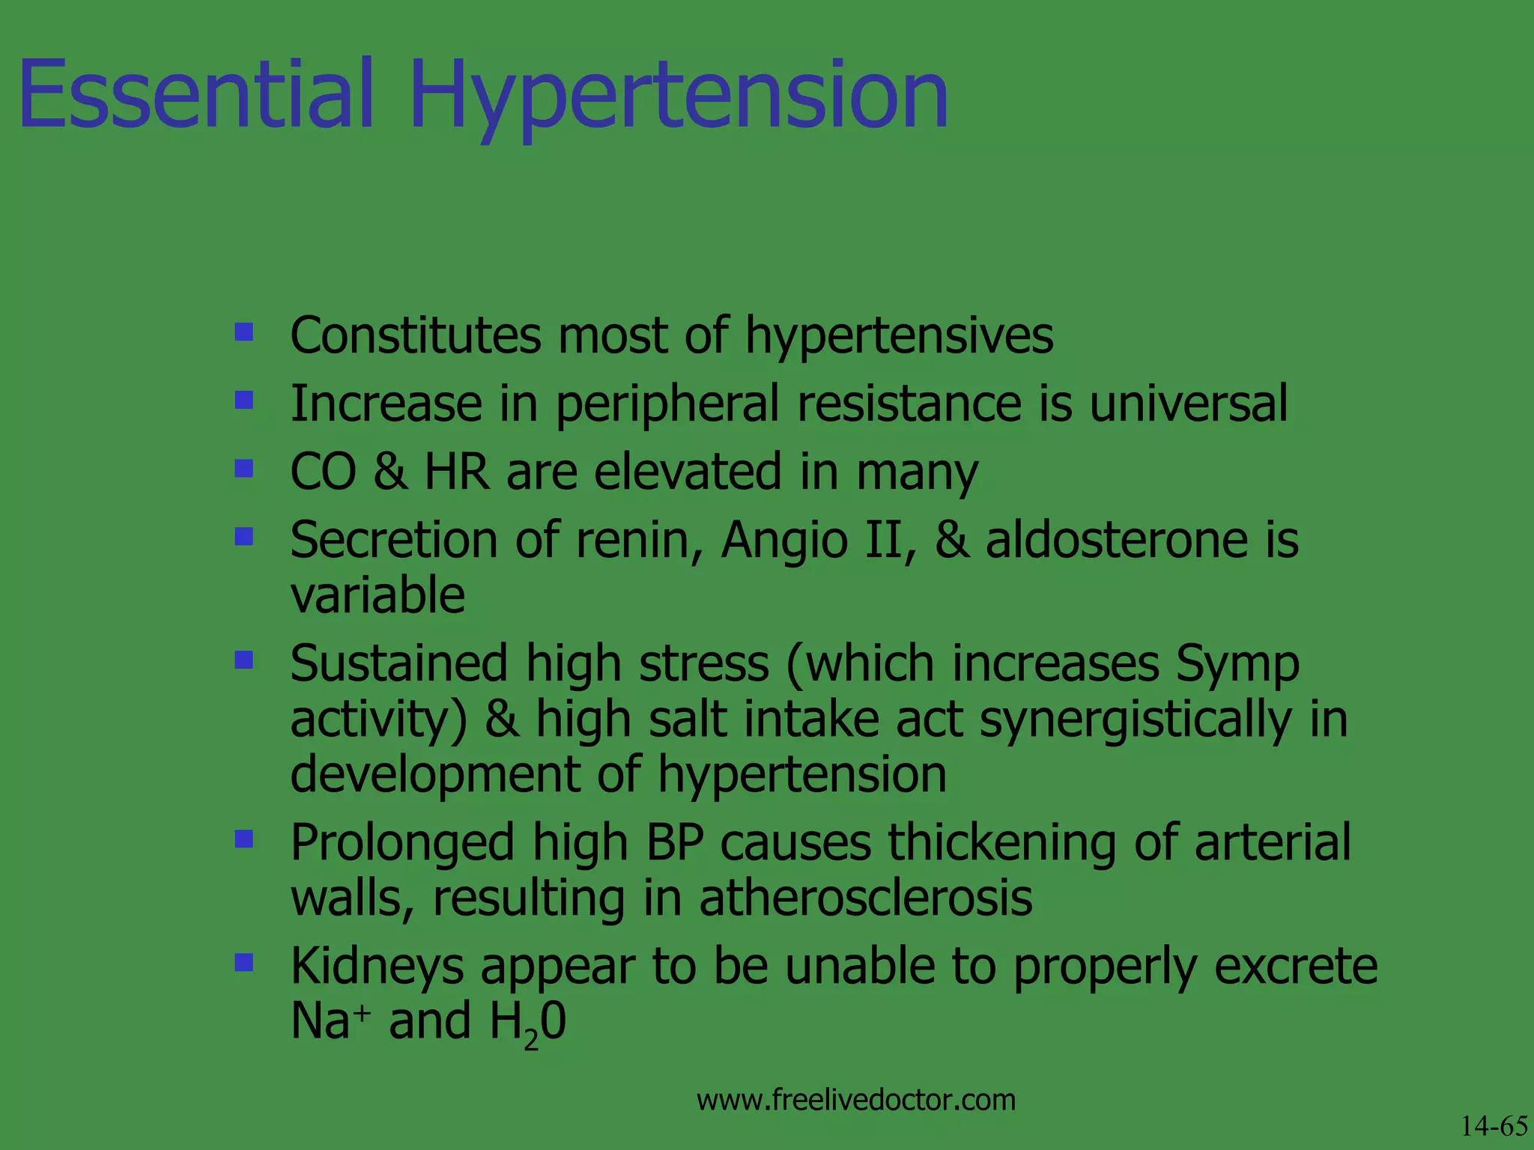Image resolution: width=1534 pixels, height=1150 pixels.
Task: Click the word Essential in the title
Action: [x=196, y=96]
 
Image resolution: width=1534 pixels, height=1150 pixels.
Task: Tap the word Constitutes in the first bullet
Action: [x=415, y=335]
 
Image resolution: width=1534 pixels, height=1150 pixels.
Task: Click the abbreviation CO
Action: [x=323, y=472]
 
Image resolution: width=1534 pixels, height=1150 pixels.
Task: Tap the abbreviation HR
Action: [x=456, y=472]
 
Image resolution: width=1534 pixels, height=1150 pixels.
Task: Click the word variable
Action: [x=378, y=596]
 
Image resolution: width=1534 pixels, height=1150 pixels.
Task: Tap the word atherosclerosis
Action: [x=865, y=898]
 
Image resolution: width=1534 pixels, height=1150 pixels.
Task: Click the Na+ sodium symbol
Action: [x=330, y=1021]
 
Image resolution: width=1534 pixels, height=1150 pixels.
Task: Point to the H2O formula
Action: [x=527, y=1023]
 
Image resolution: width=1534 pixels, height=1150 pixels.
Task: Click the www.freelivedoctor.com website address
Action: [x=855, y=1101]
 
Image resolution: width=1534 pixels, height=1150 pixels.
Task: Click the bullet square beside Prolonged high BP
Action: [x=243, y=839]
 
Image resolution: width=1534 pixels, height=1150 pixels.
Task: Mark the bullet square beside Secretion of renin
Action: [x=243, y=536]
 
